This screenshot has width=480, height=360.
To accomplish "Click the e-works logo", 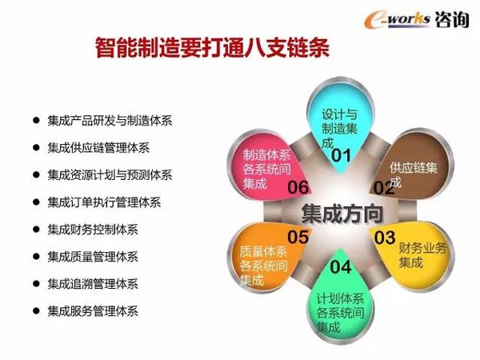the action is pos(397,19).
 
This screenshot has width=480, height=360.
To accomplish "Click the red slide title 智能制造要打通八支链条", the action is pos(213,48).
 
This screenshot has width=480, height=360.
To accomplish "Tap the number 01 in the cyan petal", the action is pos(341,155).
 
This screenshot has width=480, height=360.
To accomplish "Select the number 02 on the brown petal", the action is pos(384,188).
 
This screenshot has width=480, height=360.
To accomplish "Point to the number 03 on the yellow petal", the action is pos(385,238).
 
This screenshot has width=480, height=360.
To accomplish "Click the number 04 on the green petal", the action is pos(341,267).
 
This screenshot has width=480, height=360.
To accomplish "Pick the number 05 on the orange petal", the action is pos(298,237).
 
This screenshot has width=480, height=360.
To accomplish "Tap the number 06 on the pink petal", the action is pos(298,187).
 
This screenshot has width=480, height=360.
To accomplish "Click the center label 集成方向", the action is pos(342,214).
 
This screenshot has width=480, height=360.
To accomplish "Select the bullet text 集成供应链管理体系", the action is pos(98,148).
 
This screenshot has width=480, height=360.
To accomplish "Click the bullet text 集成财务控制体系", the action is pos(93,230).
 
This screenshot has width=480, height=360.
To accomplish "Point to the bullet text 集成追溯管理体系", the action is pos(93,284).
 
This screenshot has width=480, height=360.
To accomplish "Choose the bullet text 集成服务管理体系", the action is pos(93,311).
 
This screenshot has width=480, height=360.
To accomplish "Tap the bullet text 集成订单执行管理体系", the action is pos(104,202).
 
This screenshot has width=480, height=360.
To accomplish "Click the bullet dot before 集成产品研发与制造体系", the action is pos(36,120).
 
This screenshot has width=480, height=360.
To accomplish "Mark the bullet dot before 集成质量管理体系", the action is pos(36,257).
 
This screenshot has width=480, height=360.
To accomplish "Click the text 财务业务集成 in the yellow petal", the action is pos(422,255).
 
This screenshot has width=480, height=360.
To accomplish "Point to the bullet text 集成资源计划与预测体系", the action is pos(110,175).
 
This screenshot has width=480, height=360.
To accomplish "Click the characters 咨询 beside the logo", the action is pos(451,19).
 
